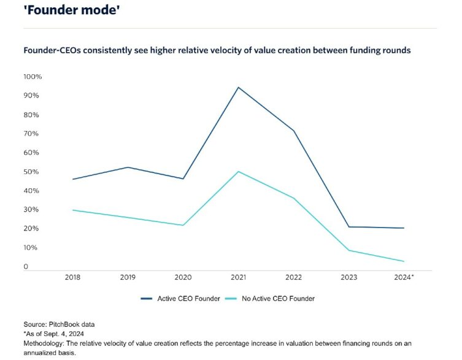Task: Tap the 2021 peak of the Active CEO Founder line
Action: [239, 87]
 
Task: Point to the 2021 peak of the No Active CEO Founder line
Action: [239, 171]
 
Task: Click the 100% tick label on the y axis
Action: [33, 77]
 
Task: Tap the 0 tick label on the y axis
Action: [26, 267]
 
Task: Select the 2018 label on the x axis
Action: [72, 277]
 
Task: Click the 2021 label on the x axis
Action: [239, 277]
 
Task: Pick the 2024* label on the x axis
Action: [404, 277]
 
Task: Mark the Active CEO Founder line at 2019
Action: [128, 167]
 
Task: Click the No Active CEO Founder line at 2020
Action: [183, 225]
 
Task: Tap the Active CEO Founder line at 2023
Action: [348, 227]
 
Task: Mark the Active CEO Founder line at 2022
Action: [294, 131]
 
